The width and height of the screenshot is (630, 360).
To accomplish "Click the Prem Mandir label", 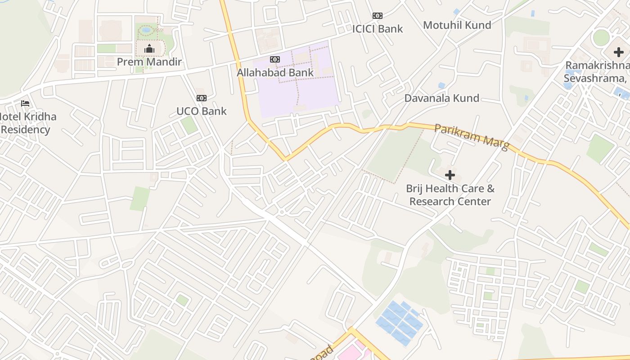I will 149,62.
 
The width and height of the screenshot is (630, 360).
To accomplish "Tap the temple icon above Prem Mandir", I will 149,49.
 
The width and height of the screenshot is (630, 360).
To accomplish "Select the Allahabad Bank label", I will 275,72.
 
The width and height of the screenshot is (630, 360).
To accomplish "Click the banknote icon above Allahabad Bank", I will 275,59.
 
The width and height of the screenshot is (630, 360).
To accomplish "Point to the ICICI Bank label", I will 377,29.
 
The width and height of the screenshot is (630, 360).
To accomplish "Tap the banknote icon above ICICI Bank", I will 377,16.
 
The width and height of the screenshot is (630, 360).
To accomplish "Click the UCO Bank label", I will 201,111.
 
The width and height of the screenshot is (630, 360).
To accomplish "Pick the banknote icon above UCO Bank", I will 201,98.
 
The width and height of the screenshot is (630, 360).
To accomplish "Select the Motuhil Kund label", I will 457,25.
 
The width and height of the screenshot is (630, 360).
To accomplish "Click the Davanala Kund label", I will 441,98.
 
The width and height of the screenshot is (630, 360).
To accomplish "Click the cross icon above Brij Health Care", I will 450,175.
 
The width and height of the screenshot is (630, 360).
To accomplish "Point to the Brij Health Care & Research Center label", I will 450,195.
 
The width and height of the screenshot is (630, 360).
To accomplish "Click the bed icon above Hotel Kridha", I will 25,103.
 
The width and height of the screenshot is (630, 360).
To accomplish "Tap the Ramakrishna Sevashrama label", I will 597,72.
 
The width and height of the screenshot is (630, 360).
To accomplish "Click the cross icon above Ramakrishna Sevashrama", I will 619,52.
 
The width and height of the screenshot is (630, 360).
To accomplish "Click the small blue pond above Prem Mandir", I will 146,30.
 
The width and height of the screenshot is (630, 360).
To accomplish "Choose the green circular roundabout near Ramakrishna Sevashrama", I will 601,37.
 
